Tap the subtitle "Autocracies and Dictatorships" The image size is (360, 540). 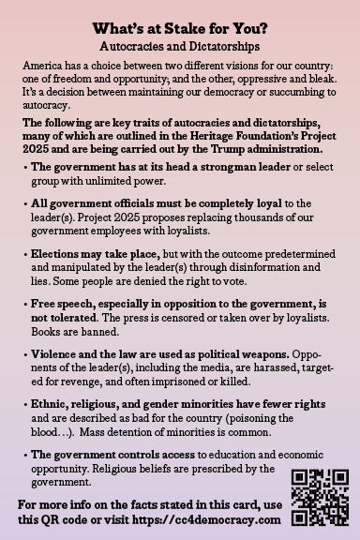click(x=180, y=44)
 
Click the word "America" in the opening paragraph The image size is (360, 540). click(x=42, y=66)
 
